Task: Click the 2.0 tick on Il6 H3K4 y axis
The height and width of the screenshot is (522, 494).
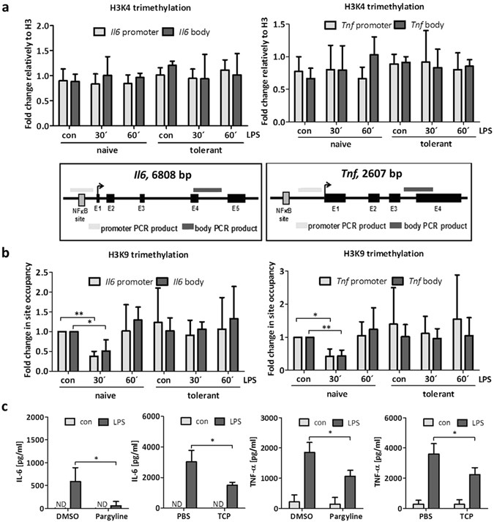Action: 37,26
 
